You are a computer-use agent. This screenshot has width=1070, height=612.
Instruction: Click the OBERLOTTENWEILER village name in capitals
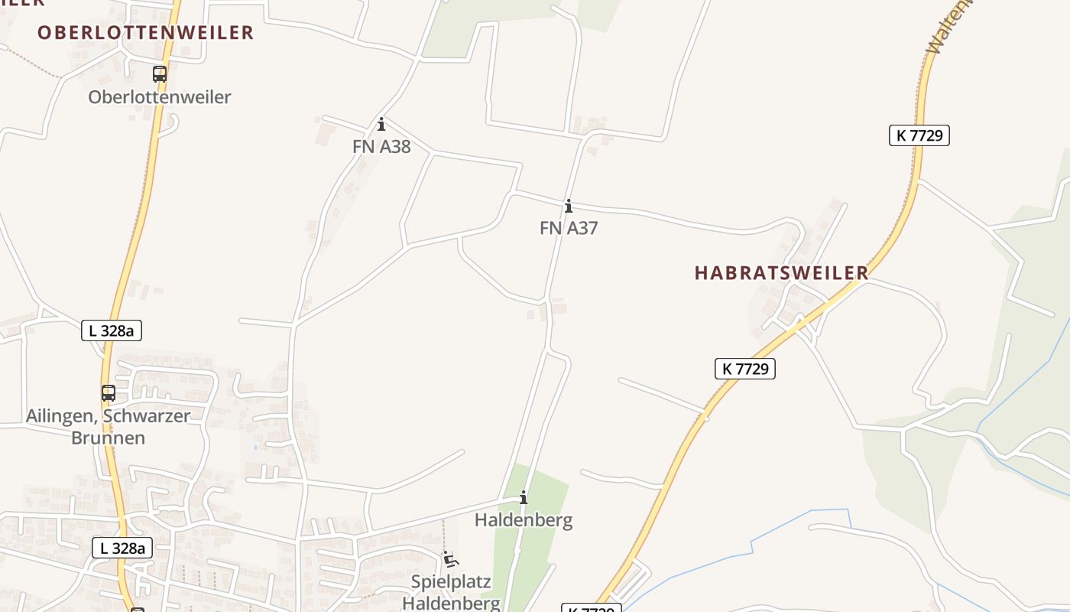pos(145,32)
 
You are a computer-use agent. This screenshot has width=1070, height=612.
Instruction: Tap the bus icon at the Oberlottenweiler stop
pos(159,74)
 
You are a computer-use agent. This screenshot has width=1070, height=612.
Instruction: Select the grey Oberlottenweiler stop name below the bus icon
pos(159,97)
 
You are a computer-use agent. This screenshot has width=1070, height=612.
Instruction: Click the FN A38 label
pos(381,146)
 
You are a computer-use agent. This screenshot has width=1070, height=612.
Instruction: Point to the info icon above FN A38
pos(381,124)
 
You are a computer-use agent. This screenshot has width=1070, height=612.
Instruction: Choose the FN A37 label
pos(569,227)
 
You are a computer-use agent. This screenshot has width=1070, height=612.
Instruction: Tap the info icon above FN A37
pos(569,206)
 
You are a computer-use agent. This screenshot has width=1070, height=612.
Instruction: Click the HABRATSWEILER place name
pos(781,273)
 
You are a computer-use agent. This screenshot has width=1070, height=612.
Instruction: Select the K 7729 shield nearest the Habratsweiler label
pos(745,369)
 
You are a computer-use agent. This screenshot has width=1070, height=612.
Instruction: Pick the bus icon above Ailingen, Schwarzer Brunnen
pos(109,393)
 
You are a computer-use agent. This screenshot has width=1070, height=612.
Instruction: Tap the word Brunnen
pos(108,438)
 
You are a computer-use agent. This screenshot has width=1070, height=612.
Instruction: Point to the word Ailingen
pos(56,416)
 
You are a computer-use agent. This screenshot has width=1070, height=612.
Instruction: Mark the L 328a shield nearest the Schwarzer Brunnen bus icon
pos(112,330)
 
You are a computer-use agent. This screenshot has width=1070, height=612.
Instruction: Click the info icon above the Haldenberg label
pos(524,499)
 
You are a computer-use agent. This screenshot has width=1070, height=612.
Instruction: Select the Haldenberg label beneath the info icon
pos(524,520)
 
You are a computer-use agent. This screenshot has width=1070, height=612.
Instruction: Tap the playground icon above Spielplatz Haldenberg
pos(451,559)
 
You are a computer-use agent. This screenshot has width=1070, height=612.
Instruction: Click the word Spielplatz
pos(451,581)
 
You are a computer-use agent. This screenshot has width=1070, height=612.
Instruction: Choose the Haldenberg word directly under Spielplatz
pos(451,603)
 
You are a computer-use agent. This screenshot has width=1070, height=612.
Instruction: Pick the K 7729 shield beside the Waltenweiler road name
pos(919,135)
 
